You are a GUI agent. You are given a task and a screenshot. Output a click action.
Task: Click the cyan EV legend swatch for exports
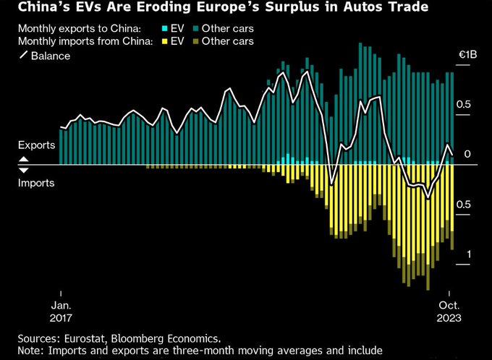[165, 28]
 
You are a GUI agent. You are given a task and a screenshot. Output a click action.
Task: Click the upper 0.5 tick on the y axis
[463, 104]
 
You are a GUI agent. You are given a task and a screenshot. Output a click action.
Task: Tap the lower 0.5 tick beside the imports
[463, 205]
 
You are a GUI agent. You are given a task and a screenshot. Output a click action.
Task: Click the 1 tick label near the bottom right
[468, 254]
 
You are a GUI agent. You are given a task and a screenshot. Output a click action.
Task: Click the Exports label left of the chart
[36, 145]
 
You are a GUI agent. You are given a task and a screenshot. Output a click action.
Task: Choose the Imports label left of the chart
[36, 184]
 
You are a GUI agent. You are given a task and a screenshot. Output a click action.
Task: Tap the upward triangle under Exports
[22, 159]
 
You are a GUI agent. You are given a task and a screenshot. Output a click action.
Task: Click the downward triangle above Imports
[22, 170]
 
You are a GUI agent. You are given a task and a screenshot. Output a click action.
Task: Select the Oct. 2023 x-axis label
[449, 309]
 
